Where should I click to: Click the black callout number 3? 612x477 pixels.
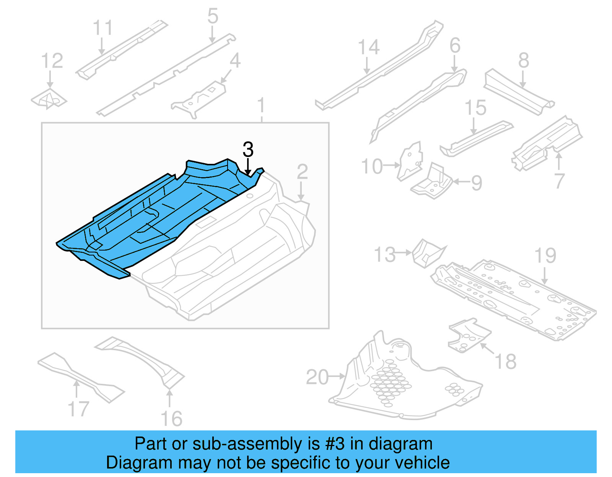tap(248, 149)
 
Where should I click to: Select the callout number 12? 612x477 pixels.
tap(52, 61)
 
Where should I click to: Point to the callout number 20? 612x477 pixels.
tap(317, 377)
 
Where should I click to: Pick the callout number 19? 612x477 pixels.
tap(545, 255)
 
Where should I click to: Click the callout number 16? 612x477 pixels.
tap(171, 419)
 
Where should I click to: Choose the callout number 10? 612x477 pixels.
tap(372, 167)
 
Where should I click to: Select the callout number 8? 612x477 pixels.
tap(524, 60)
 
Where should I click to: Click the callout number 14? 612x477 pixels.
tap(369, 47)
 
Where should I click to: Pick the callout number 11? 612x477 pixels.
tap(103, 28)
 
